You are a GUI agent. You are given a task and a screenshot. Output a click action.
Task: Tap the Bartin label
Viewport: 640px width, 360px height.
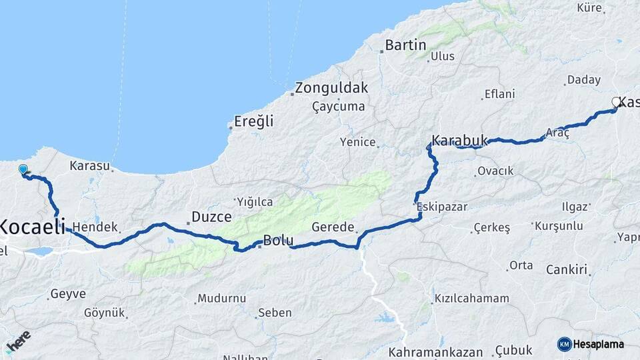click(x=405, y=45)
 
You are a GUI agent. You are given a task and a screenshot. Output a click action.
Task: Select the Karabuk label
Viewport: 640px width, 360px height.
click(x=460, y=141)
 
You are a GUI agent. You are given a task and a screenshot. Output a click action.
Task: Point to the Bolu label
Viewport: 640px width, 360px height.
click(x=277, y=240)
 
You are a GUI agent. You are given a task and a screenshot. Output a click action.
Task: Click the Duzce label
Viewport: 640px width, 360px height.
click(x=211, y=217)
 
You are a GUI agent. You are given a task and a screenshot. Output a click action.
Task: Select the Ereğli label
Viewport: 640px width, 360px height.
click(x=253, y=122)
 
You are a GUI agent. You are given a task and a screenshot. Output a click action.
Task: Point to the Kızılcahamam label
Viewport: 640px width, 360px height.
click(x=471, y=298)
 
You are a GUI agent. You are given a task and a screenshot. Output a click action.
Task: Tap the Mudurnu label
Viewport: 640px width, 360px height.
click(x=222, y=298)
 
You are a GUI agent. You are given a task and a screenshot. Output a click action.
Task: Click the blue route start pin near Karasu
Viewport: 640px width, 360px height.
click(x=23, y=170)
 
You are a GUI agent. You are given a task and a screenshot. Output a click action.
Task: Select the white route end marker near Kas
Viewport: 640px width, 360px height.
click(x=615, y=102)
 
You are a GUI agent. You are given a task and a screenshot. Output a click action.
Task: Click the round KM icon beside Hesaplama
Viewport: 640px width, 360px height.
click(x=564, y=344)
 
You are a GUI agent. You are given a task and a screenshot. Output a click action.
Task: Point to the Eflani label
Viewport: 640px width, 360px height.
click(x=499, y=94)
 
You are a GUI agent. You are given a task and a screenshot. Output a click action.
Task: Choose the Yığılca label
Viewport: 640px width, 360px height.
click(x=255, y=201)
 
